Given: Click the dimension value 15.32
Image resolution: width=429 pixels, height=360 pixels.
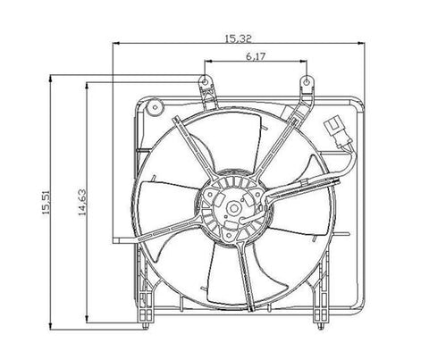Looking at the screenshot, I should click(237, 37).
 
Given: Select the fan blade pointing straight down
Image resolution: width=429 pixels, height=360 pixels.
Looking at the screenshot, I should click(219, 277).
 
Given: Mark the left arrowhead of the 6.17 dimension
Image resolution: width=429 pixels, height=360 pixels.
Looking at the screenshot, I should click(209, 63).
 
